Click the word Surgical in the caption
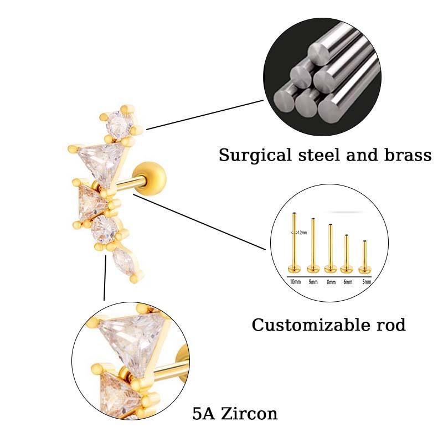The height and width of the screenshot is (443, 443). (249, 154)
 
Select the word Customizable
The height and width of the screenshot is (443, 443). (307, 325)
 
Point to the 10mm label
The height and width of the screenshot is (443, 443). (295, 282)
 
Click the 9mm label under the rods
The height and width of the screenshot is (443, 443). (313, 282)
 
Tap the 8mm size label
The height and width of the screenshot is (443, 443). (331, 282)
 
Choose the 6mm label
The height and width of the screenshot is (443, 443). (348, 282)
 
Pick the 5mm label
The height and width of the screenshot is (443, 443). (365, 282)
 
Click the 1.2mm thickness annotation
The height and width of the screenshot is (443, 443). (301, 233)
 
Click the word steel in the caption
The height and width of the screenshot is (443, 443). (316, 154)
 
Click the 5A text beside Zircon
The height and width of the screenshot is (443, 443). (203, 413)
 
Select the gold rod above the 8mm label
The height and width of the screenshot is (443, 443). (331, 247)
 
